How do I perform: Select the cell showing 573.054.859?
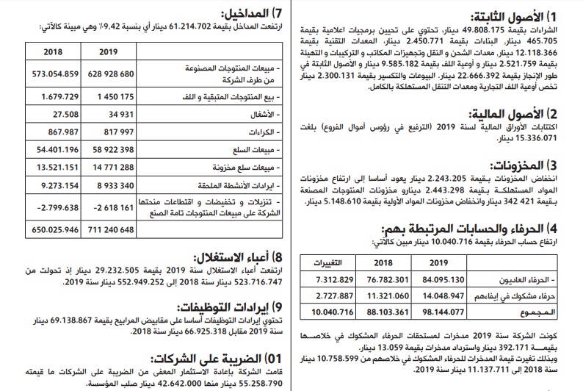point(51,75)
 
